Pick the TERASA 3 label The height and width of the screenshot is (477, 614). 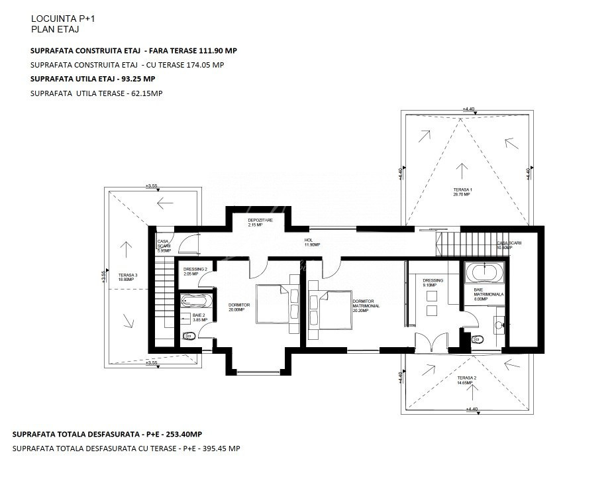128,277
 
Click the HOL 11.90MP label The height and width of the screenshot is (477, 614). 312,242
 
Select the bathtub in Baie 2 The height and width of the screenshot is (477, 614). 193,301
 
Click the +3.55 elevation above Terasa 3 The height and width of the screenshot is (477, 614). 152,186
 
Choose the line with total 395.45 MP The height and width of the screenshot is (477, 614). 126,449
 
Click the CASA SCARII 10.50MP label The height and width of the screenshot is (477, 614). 510,245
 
